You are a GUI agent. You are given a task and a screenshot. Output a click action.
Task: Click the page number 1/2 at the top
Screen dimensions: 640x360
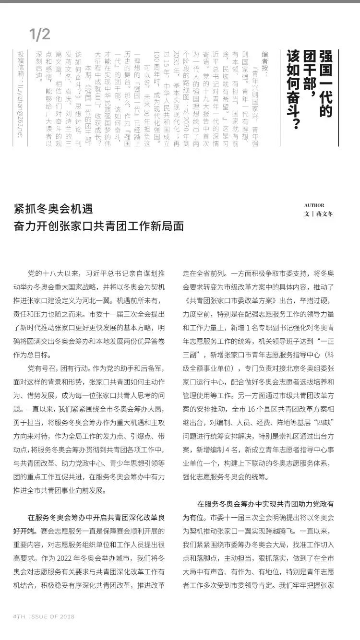tap(39, 34)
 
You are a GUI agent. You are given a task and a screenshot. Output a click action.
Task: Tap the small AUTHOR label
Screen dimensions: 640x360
tap(314, 205)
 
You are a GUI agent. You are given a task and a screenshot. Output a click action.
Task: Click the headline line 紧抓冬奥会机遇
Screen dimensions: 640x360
tap(53, 209)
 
